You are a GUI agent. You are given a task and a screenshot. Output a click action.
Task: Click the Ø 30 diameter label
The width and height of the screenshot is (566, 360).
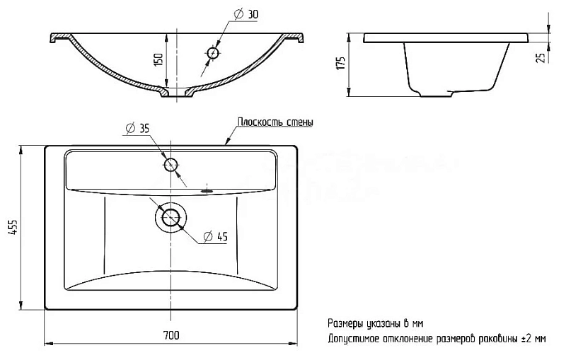pos(246,14)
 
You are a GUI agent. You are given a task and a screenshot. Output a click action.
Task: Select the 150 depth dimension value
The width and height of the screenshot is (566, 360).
pos(158,59)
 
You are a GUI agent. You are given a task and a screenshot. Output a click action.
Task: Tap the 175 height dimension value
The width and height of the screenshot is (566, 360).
pos(341,63)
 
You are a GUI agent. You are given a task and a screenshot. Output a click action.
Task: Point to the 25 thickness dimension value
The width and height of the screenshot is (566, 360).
pos(541,58)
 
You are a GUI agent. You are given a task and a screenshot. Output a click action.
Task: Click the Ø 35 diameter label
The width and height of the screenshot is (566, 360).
pos(137,129)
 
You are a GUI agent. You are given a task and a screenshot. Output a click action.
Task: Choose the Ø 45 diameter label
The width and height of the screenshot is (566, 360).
pos(216,237)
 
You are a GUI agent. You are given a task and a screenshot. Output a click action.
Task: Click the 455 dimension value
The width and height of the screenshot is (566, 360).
pos(13,228)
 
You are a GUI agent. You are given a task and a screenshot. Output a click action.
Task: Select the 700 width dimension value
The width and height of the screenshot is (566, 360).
pos(171,335)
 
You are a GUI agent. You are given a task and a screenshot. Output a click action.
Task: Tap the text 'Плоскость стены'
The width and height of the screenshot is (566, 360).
pos(275,122)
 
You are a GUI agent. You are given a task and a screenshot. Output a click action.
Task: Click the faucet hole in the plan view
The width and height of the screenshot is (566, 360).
pos(171,166)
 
